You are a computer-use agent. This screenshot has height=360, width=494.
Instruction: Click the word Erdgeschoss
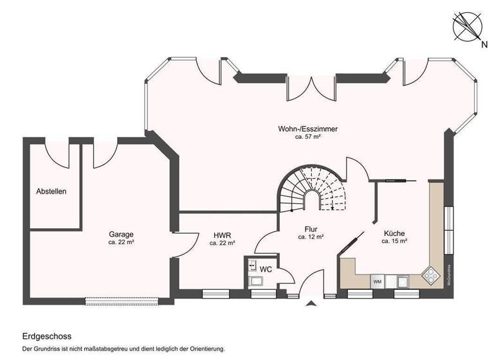tap(46, 336)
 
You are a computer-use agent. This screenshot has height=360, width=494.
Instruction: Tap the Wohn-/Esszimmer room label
tap(307, 129)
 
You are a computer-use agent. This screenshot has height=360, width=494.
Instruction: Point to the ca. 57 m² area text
tap(307, 138)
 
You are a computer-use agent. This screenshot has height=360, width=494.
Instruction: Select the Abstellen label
tap(51, 191)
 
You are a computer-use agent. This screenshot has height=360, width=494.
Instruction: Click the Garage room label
tap(121, 234)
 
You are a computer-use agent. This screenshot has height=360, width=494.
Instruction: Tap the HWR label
tap(222, 235)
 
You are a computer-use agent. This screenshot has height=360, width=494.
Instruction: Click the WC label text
tap(266, 270)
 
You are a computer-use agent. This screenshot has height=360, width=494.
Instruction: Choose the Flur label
tap(311, 228)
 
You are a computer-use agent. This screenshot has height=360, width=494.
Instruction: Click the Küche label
tap(394, 233)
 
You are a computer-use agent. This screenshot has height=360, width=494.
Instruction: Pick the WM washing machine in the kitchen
tap(377, 282)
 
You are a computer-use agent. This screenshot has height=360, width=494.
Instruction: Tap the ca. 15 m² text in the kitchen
tap(394, 242)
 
